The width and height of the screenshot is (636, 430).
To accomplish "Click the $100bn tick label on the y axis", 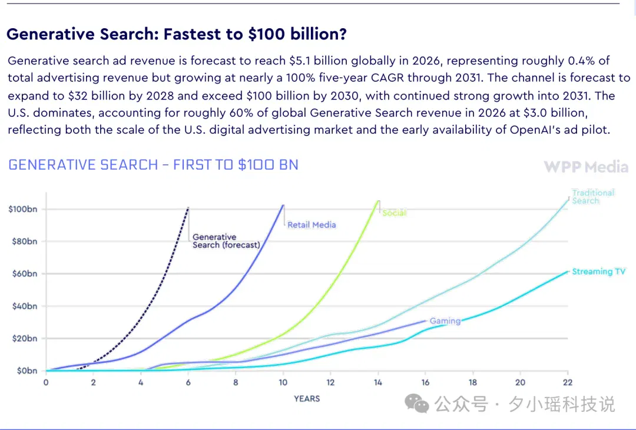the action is pyautogui.click(x=23, y=209).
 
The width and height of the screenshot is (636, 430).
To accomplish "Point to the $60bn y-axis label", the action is pyautogui.click(x=25, y=274).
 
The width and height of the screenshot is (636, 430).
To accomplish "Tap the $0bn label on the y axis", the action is pyautogui.click(x=26, y=371).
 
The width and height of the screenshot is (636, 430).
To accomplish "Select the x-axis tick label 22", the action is pyautogui.click(x=568, y=382).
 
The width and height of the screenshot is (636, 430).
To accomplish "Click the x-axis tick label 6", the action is pyautogui.click(x=188, y=382).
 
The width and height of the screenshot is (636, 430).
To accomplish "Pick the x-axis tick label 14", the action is pyautogui.click(x=378, y=382).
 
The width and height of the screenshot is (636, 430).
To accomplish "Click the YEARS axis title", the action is pyautogui.click(x=307, y=399).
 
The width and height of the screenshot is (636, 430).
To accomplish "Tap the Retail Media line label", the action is pyautogui.click(x=312, y=225).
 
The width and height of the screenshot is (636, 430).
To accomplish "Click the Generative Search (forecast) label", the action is pyautogui.click(x=226, y=241).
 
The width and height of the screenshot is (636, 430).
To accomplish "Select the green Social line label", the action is pyautogui.click(x=394, y=213).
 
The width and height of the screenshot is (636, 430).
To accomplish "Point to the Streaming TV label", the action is pyautogui.click(x=599, y=272).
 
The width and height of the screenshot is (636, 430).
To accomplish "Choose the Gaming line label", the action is pyautogui.click(x=445, y=321).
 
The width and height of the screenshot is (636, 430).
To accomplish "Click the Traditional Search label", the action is pyautogui.click(x=593, y=197).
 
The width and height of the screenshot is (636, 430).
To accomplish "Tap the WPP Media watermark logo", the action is pyautogui.click(x=586, y=167).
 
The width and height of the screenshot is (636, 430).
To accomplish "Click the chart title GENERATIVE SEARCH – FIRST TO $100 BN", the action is pyautogui.click(x=153, y=165).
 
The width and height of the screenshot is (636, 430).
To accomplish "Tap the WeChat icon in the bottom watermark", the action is pyautogui.click(x=416, y=403).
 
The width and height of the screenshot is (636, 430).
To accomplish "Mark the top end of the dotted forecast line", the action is pyautogui.click(x=188, y=208).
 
